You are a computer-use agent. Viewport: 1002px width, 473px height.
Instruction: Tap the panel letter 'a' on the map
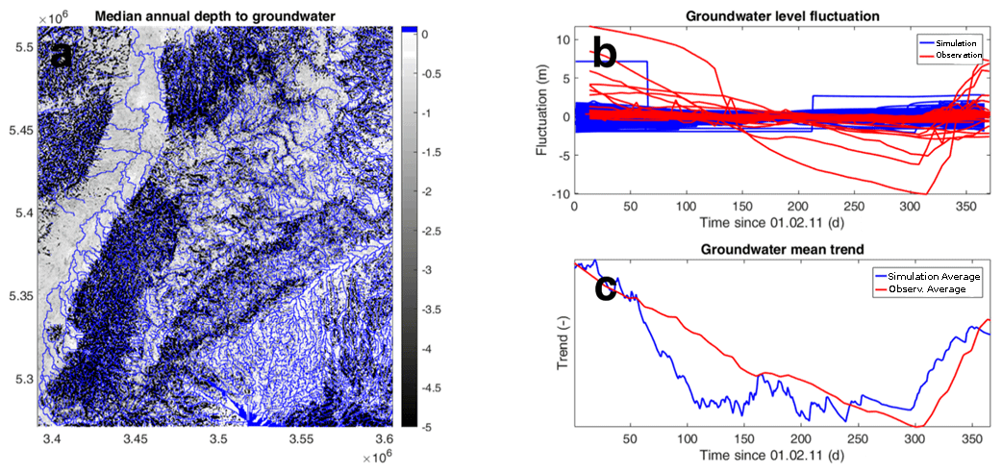[x=62, y=56]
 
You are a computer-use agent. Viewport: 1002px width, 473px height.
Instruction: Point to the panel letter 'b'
[x=605, y=52]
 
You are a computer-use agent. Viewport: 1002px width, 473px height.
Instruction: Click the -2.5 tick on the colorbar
[x=432, y=232]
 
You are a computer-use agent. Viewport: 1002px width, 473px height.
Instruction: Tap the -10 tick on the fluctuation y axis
[x=559, y=194]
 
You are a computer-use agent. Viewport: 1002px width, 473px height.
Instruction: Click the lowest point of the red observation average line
[x=918, y=427]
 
